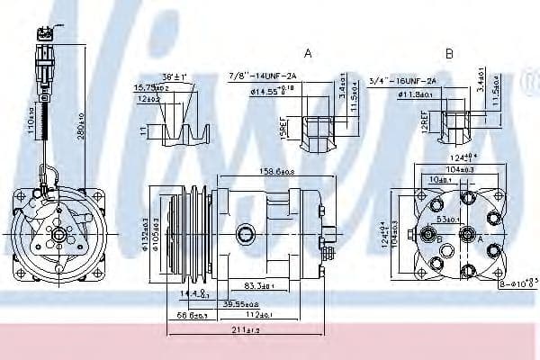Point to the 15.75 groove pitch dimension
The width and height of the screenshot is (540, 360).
[x=150, y=88]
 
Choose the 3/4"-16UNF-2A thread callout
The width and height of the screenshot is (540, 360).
[x=401, y=81]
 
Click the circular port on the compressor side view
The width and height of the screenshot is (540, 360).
[x=245, y=235]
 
